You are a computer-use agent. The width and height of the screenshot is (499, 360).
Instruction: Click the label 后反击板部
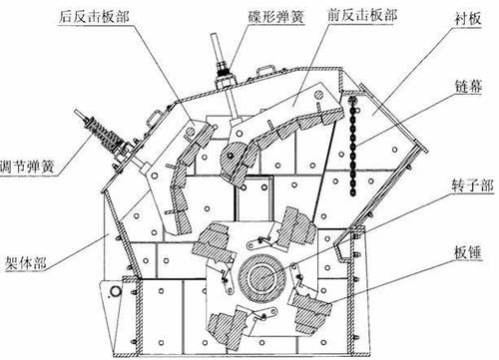(x=94, y=17)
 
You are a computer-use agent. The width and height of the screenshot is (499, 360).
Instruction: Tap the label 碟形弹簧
(x=276, y=17)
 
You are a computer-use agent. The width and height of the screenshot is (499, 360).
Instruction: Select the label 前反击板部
(x=362, y=15)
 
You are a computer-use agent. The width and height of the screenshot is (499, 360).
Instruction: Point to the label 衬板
(x=468, y=19)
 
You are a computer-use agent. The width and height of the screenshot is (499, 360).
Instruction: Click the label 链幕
(x=468, y=86)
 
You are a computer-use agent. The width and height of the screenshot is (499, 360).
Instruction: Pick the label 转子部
(x=472, y=185)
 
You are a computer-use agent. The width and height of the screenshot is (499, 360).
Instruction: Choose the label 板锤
(x=468, y=253)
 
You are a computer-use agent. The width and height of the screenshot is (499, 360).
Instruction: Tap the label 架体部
(x=25, y=263)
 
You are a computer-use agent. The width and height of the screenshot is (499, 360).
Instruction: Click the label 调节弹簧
(x=27, y=166)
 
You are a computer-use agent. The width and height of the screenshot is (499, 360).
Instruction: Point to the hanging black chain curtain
(x=353, y=146)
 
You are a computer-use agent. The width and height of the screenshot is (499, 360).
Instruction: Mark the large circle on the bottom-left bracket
(x=116, y=291)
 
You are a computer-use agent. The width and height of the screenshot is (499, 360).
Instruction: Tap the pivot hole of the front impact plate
(x=318, y=95)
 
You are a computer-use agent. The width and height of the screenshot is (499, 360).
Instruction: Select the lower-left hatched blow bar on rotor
(x=231, y=327)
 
